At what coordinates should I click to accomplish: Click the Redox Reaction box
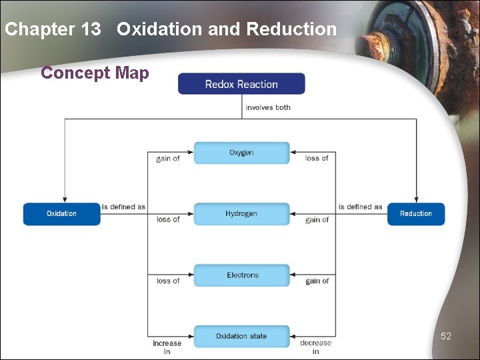click(241, 84)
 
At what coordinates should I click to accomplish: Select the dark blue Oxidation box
click(61, 214)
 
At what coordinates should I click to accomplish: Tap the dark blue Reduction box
click(416, 214)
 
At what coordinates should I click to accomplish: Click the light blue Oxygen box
click(241, 153)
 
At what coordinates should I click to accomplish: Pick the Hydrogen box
click(241, 214)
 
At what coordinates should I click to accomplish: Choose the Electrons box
click(241, 275)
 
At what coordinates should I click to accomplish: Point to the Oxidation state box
click(241, 336)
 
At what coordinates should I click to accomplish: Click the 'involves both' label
click(268, 107)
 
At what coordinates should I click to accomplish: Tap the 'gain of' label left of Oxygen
click(168, 159)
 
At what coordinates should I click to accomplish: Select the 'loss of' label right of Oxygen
click(317, 159)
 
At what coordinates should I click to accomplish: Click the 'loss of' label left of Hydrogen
click(168, 219)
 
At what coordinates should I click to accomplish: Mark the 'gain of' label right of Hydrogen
click(317, 219)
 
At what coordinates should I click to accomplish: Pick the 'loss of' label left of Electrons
click(168, 281)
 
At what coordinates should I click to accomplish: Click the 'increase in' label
click(167, 347)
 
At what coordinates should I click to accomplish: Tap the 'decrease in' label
click(315, 347)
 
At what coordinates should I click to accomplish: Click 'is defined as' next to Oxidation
click(123, 207)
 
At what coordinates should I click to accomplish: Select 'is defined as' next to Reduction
click(360, 207)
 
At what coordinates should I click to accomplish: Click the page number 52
click(446, 336)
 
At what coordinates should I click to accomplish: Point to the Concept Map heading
click(95, 73)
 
